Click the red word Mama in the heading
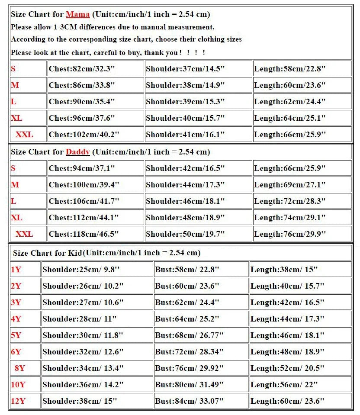pyautogui.click(x=77, y=14)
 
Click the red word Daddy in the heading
pyautogui.click(x=77, y=152)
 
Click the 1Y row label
pyautogui.click(x=16, y=270)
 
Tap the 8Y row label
pyautogui.click(x=19, y=368)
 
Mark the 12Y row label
pyautogui.click(x=18, y=401)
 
